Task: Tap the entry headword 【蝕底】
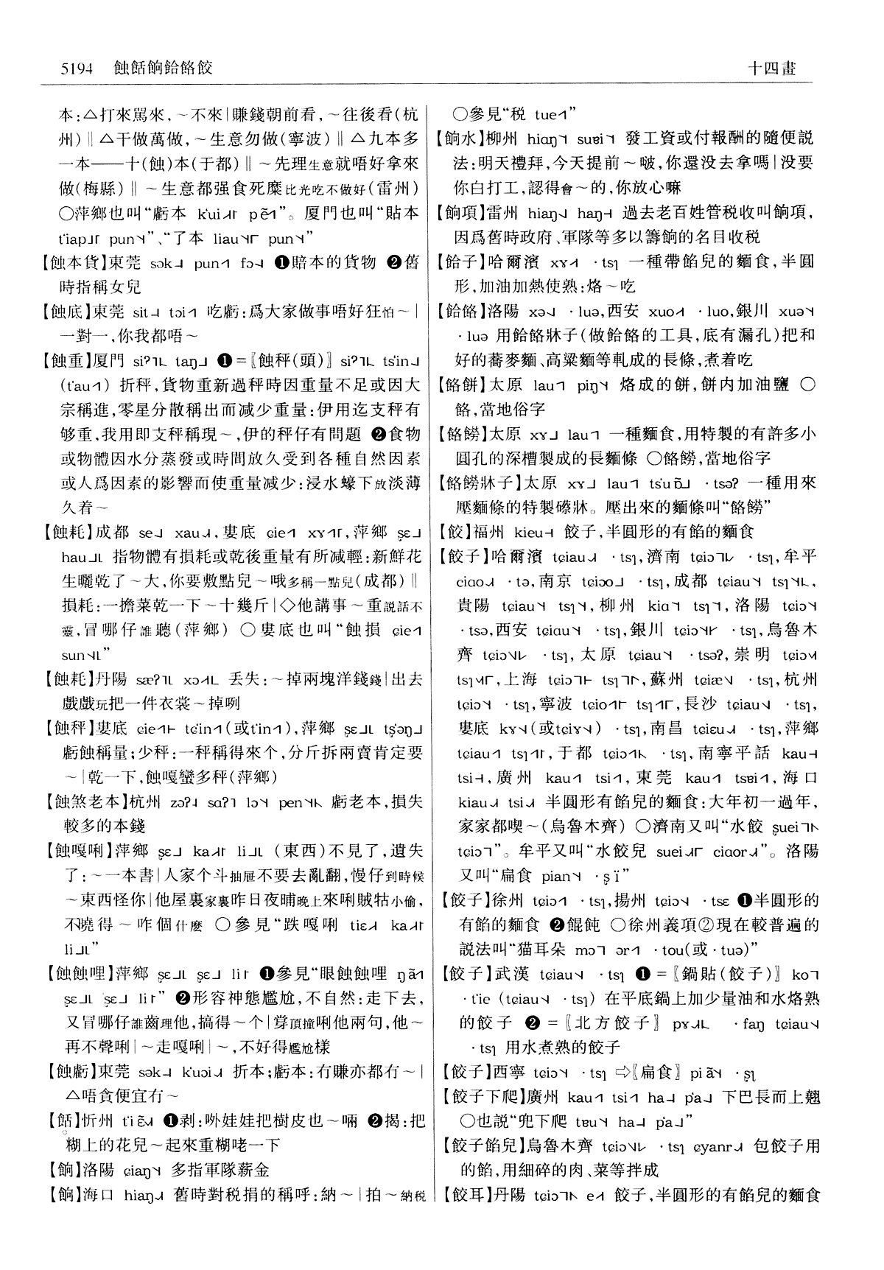click(x=67, y=312)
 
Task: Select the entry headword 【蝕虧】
click(x=67, y=1072)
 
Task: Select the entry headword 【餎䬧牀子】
click(x=477, y=483)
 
